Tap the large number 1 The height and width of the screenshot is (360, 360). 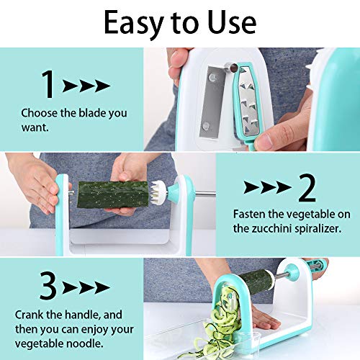(x=48, y=85)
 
